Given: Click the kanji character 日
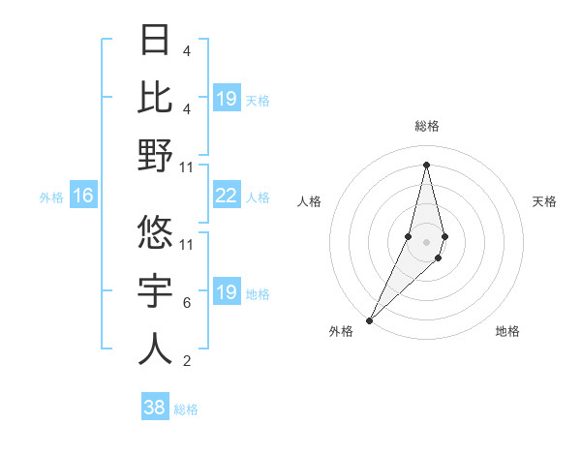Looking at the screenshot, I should [x=155, y=40].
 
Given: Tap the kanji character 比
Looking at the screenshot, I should [x=155, y=97].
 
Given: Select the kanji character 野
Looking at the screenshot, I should [x=155, y=155].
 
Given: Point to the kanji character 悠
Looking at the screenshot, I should [x=155, y=232].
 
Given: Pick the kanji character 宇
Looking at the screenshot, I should [x=155, y=290].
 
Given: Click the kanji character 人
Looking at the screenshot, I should [x=155, y=349].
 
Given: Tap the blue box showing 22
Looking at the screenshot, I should [x=226, y=196].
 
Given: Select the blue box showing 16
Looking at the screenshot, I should [x=83, y=197].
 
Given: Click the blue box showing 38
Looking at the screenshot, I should [x=155, y=408].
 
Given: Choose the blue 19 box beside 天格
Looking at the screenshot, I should [x=226, y=99].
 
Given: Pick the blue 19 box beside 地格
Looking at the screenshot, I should [x=226, y=292].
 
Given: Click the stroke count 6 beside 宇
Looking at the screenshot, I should [x=186, y=303].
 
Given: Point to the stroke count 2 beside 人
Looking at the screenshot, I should [x=186, y=361].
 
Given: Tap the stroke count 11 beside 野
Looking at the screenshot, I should [x=188, y=167].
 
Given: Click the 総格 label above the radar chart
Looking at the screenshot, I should [x=426, y=126].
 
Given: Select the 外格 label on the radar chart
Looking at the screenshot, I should [x=341, y=331].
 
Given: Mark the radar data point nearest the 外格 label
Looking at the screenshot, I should [x=370, y=318].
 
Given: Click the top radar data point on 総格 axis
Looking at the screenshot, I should [x=426, y=164].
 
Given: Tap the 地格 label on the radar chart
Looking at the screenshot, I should [x=507, y=331].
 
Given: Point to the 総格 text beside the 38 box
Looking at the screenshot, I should [x=186, y=409].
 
